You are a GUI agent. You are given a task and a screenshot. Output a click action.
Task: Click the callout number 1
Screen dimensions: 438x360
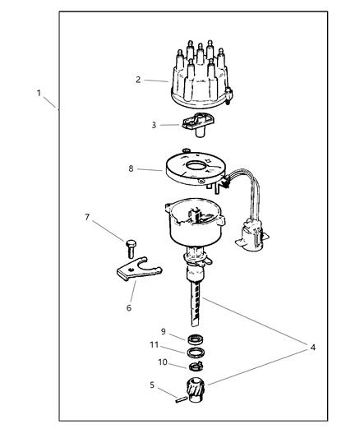coord(38,94)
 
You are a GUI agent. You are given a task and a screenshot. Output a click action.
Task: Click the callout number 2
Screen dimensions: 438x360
coord(137,79)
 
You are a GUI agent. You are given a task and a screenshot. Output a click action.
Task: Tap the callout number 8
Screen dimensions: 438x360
coord(131,168)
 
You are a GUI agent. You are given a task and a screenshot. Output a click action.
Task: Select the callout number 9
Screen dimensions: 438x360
coord(163,331)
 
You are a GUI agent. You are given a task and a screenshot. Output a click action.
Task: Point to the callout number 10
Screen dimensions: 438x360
coord(164,362)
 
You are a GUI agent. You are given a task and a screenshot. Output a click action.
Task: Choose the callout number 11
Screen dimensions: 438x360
coord(153,347)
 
